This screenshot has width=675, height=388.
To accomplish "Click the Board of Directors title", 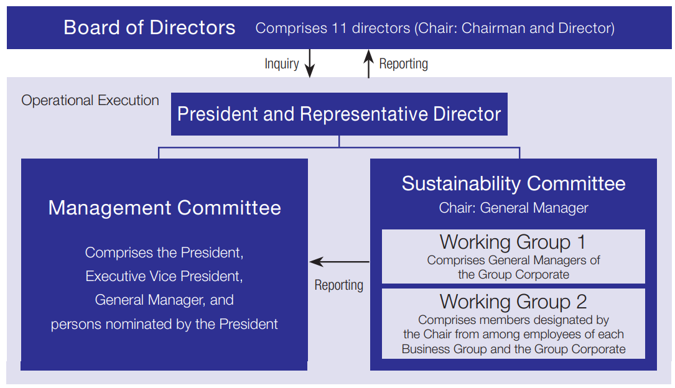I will [149, 28].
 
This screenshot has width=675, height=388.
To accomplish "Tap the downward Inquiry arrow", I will [310, 65].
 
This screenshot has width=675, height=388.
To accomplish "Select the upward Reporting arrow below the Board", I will [368, 65].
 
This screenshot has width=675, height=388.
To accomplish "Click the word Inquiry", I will [281, 64].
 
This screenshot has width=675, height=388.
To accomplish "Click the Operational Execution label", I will [90, 101].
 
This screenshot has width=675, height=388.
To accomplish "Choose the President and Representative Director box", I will [339, 114].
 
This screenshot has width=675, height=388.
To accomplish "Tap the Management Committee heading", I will [164, 208].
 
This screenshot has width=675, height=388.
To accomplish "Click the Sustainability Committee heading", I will [513, 183].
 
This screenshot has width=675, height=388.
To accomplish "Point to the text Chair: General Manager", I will [513, 208].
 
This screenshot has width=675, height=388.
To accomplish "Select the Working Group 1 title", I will [513, 242].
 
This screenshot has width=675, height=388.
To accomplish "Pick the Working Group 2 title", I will [513, 302].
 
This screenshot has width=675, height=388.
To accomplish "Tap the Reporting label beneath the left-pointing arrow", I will [338, 285].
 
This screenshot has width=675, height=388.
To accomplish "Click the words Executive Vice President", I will [164, 276].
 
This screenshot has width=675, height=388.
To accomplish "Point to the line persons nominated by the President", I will [164, 324].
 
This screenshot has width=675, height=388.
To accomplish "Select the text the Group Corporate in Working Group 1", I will [513, 274].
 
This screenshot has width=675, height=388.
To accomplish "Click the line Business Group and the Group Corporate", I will [513, 349].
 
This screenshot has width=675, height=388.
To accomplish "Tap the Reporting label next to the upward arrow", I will [403, 64].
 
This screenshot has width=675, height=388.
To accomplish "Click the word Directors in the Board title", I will [197, 28].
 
